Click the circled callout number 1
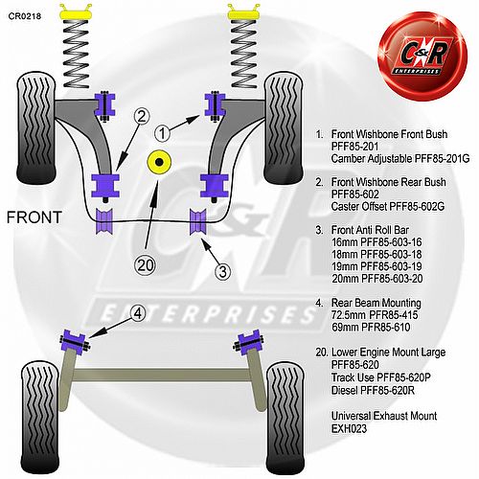162,133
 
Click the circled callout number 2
142,116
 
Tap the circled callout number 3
222,272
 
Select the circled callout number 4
138,313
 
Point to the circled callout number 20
146,265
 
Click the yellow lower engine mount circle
159,162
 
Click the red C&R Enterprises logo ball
422,57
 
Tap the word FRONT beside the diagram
34,217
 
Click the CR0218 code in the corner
25,16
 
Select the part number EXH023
349,428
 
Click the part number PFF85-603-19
391,266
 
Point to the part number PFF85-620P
403,377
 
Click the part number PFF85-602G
416,207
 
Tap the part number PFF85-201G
442,158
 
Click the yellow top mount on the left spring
76,13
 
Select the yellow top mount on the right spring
244,13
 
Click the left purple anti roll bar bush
104,221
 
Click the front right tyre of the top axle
284,128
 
